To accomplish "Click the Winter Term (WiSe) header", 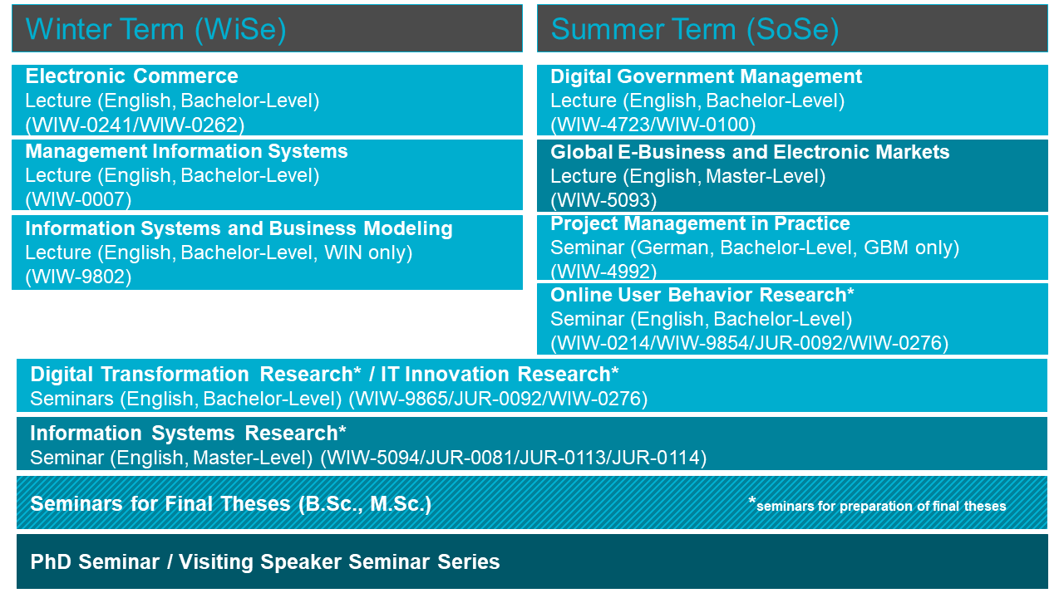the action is pyautogui.click(x=155, y=29).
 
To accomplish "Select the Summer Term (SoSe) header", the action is pyautogui.click(x=694, y=29).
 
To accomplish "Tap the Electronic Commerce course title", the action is pyautogui.click(x=131, y=76).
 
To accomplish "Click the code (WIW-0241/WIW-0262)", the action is pyautogui.click(x=135, y=125).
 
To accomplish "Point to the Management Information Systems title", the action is pyautogui.click(x=187, y=151).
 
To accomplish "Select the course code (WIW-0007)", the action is pyautogui.click(x=78, y=200).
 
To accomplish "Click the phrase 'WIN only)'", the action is pyautogui.click(x=368, y=253).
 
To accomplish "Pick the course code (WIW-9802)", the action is pyautogui.click(x=78, y=277).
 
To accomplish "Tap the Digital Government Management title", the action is pyautogui.click(x=707, y=77).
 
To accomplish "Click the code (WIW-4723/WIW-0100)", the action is pyautogui.click(x=653, y=125).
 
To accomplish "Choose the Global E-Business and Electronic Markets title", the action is pyautogui.click(x=750, y=152).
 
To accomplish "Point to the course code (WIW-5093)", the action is pyautogui.click(x=603, y=200).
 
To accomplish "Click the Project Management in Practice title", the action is pyautogui.click(x=700, y=223).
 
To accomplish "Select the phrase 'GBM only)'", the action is pyautogui.click(x=912, y=248).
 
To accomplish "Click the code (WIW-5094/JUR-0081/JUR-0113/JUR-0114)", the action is pyautogui.click(x=514, y=458).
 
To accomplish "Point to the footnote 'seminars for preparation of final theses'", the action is pyautogui.click(x=881, y=507).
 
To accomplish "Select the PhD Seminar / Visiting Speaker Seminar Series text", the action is pyautogui.click(x=265, y=562).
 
